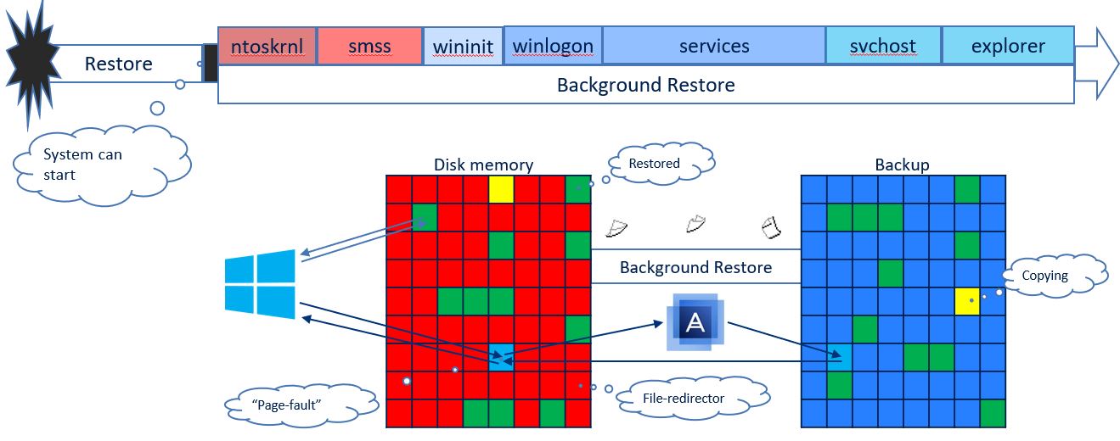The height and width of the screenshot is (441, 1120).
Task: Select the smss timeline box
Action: click(x=369, y=46)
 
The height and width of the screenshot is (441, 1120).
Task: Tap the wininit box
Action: click(x=463, y=46)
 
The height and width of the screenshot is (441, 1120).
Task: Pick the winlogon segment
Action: click(x=553, y=46)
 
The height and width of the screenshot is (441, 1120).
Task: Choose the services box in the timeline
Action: click(x=714, y=46)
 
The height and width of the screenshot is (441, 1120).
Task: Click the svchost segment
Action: click(x=883, y=46)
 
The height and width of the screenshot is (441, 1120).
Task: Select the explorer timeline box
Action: click(x=1008, y=46)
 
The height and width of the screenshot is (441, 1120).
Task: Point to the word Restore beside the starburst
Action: click(x=119, y=64)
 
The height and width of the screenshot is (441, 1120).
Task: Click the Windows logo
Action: click(x=260, y=284)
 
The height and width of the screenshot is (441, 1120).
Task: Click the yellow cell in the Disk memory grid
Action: click(x=501, y=189)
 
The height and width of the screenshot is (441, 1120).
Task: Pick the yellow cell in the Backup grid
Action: click(x=967, y=301)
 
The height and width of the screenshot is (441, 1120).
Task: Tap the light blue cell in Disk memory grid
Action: click(x=501, y=357)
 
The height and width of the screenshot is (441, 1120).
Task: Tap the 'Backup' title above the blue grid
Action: click(x=902, y=165)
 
